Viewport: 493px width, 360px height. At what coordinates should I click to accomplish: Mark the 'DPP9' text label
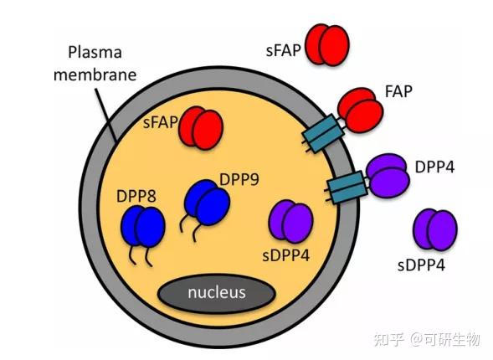click(237, 178)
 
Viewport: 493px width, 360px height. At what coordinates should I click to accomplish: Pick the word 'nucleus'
click(216, 292)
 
